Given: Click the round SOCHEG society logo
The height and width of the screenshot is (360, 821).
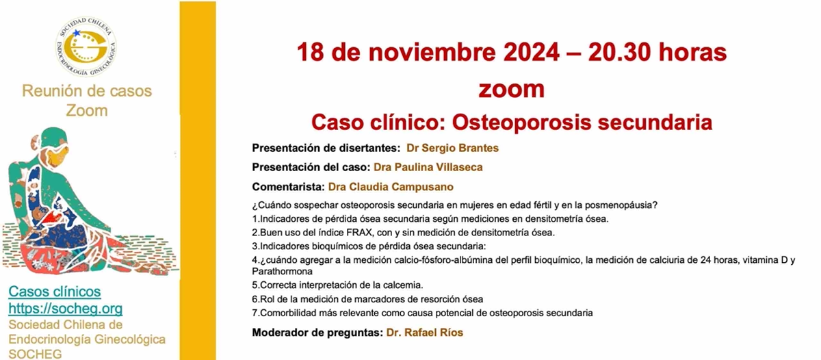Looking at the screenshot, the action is point(86,46).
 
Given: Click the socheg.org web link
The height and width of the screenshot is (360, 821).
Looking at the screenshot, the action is point(65,309).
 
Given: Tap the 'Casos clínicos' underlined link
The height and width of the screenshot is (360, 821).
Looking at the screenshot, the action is point(55,292).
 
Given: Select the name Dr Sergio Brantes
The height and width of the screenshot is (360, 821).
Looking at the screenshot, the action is point(453,148).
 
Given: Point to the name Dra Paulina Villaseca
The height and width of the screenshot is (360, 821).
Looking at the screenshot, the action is point(428,168).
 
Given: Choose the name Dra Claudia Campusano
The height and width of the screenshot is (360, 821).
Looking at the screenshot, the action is point(391,187).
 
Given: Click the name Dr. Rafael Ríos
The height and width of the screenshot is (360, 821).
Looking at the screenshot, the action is point(425,333).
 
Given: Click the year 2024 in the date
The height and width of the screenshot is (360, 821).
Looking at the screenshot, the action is point(532,52).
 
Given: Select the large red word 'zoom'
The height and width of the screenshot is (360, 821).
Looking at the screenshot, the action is point(512,90).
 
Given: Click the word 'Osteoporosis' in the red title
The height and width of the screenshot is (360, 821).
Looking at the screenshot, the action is point(521,123).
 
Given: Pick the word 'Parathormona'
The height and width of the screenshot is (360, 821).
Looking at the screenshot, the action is point(282,272).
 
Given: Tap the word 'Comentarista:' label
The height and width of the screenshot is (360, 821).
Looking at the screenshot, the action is point(289,187).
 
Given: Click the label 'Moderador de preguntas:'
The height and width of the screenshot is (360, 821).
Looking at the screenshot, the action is point(317,333).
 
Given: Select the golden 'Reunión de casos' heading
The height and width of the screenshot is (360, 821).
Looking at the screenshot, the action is point(87,91).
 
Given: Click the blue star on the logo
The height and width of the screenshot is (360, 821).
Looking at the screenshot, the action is point(76,33).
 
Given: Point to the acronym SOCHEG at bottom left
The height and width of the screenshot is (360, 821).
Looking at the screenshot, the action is point(35,354).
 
